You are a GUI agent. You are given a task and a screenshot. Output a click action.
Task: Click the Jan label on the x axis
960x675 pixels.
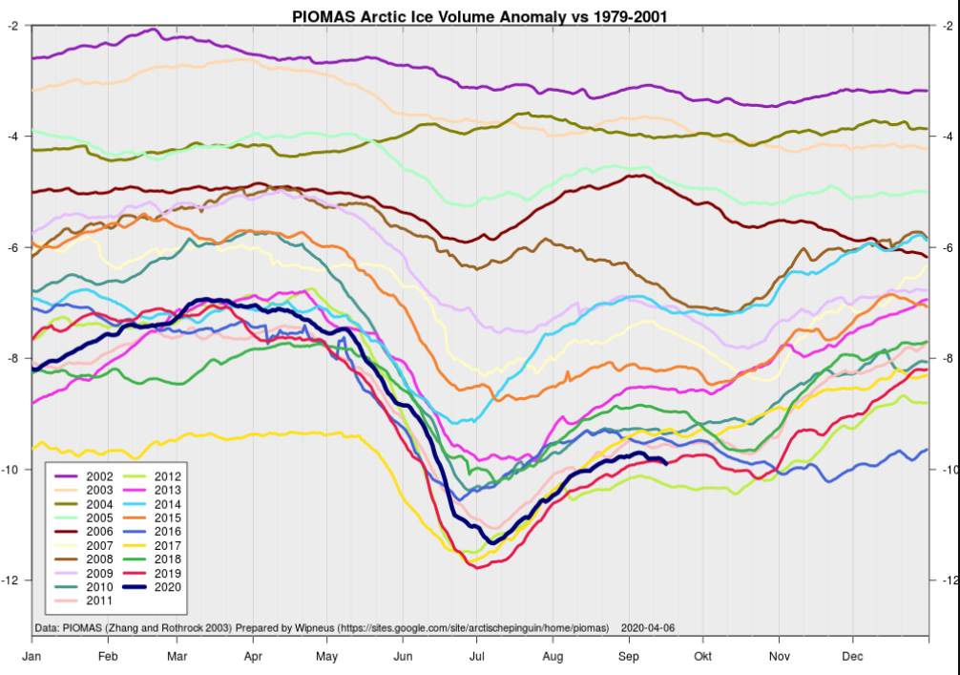(x=31, y=657)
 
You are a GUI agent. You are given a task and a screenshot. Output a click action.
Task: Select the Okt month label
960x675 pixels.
(x=703, y=657)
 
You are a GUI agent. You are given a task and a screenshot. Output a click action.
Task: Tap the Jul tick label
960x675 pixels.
(x=477, y=657)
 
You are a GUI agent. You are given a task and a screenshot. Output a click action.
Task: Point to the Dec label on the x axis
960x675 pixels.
(x=853, y=657)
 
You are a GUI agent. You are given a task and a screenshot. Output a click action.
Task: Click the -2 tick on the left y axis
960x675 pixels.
(x=14, y=26)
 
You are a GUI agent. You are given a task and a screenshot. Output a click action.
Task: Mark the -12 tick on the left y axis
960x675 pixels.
(x=12, y=580)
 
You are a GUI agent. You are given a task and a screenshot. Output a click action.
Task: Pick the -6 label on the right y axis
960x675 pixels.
(x=947, y=247)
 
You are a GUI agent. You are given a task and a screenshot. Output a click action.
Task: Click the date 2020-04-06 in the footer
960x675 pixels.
(x=648, y=628)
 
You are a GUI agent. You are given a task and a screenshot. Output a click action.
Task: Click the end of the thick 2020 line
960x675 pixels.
(x=665, y=463)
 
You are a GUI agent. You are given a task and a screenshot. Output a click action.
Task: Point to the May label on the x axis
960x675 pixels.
(x=327, y=657)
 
